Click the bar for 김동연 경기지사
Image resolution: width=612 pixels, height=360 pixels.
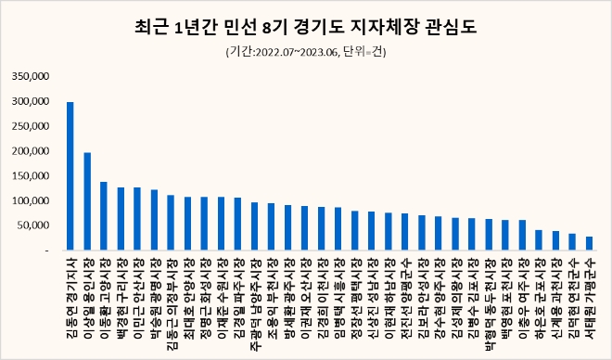[x=70, y=176]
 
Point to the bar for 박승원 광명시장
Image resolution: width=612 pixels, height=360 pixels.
[x=154, y=220]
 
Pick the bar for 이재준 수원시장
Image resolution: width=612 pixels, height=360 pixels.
[x=221, y=224]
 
